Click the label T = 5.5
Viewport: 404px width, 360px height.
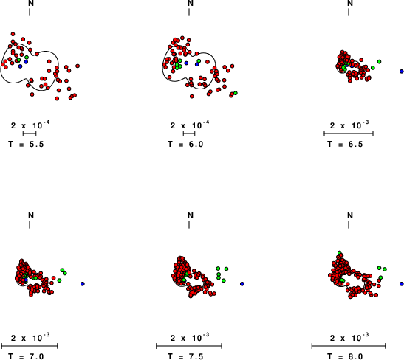point(26,144)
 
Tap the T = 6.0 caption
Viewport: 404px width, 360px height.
point(185,144)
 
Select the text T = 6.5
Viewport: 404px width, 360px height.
point(345,144)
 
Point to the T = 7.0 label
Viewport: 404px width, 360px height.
point(26,356)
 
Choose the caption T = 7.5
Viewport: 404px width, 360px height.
point(185,356)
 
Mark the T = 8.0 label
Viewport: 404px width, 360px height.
point(345,356)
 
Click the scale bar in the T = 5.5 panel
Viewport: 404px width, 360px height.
point(30,134)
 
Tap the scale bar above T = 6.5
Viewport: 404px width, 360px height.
point(349,134)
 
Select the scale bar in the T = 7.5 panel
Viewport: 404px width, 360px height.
point(189,346)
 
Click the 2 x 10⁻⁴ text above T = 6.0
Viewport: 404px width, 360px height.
point(190,125)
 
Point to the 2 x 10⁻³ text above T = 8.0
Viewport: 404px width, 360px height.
point(349,338)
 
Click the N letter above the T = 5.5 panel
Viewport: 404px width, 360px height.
point(31,3)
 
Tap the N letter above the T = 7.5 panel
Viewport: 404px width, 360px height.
point(191,215)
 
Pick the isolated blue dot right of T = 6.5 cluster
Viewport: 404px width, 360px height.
point(402,72)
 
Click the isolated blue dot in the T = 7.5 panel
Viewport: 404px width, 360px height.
point(242,284)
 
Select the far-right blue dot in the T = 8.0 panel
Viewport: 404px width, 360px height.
point(402,284)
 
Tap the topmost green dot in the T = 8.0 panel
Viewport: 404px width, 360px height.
point(340,252)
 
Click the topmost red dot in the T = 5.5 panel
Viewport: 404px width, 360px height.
point(13,34)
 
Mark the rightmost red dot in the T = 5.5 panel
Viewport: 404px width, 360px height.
point(78,66)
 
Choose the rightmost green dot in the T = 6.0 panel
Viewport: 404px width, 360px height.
point(236,93)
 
